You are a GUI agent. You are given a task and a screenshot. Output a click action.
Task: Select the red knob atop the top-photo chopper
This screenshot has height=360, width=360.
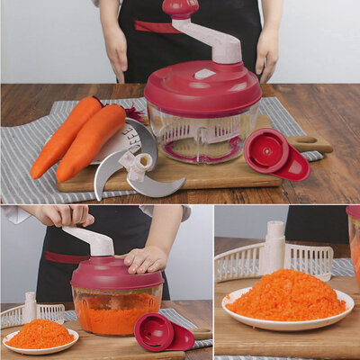click(x=180, y=8)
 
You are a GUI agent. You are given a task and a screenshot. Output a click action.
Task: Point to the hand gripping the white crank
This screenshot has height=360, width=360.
click(x=63, y=216)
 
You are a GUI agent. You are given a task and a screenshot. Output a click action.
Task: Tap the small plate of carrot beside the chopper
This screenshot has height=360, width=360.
click(x=40, y=336)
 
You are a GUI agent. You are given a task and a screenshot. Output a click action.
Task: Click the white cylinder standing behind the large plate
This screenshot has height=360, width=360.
click(x=272, y=247)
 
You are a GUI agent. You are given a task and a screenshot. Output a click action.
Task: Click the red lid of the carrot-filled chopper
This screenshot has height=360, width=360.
click(x=117, y=274)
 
